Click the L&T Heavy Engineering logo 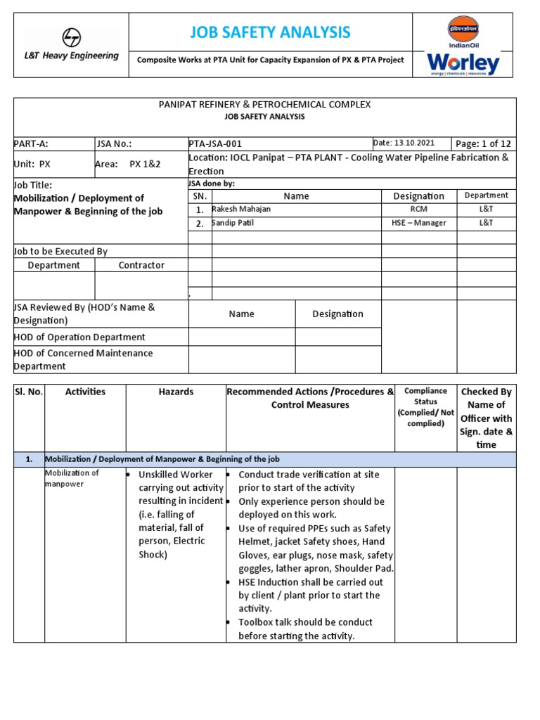[x=71, y=44]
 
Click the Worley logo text [x=463, y=64]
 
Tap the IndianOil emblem [x=463, y=30]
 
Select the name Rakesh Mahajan [x=243, y=209]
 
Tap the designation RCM [x=418, y=209]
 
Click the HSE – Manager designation [x=418, y=222]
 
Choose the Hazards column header [x=176, y=392]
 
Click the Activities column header [x=85, y=392]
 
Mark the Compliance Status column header [x=425, y=406]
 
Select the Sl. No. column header [x=29, y=392]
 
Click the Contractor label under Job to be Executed [x=141, y=265]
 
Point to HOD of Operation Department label [x=79, y=337]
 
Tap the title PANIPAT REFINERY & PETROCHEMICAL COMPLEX [x=264, y=104]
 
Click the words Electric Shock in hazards [x=172, y=548]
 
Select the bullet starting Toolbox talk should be [x=305, y=629]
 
